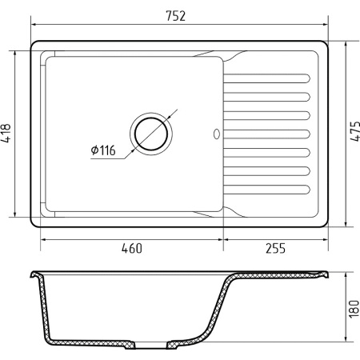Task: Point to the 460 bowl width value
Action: click(131, 249)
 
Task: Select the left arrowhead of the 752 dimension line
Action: click(33, 28)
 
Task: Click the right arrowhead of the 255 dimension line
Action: click(325, 238)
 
